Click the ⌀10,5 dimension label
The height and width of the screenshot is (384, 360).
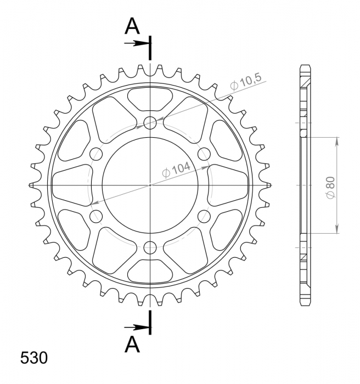click(x=246, y=82)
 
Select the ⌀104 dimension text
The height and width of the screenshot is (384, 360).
click(x=177, y=170)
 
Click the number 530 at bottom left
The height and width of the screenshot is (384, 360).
click(x=34, y=358)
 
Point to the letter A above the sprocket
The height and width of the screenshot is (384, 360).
click(x=132, y=26)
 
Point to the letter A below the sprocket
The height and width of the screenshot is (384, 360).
click(x=132, y=344)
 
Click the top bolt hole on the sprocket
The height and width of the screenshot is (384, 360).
click(x=150, y=123)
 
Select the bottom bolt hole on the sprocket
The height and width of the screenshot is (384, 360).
click(x=150, y=247)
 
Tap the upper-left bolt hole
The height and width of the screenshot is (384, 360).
click(x=96, y=154)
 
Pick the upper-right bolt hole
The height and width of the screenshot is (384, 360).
click(x=204, y=154)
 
